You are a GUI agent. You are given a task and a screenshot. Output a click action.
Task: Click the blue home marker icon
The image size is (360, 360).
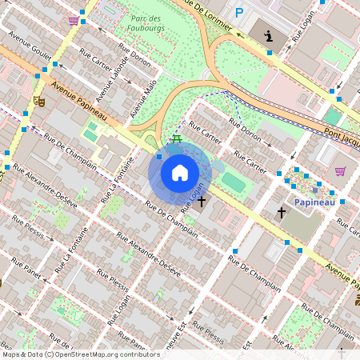[180, 172]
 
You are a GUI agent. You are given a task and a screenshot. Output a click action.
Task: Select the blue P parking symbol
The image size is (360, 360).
[238, 12]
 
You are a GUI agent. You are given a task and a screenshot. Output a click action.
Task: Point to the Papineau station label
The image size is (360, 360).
[314, 202]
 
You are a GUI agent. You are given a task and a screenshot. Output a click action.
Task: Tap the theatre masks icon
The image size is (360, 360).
[38, 102]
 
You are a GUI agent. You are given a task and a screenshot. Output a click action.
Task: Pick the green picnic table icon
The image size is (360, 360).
[176, 139]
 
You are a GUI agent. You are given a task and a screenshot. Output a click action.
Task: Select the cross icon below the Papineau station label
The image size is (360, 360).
[281, 213]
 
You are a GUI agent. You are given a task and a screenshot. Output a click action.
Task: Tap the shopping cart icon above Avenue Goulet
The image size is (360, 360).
[74, 20]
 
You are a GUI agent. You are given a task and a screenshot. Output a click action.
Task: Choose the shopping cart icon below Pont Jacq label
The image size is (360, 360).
[340, 170]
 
